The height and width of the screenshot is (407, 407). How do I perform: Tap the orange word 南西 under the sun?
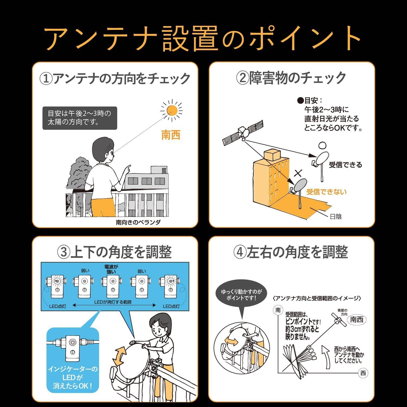tap(171, 135)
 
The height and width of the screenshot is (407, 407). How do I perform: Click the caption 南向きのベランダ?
tap(138, 222)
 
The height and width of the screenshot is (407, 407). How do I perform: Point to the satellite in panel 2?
tap(243, 133)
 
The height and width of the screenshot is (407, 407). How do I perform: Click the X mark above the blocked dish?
tap(298, 173)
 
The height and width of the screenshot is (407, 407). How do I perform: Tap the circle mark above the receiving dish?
tap(322, 145)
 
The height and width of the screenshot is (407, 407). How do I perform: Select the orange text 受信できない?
tap(326, 192)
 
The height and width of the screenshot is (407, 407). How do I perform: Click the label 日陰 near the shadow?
tap(336, 217)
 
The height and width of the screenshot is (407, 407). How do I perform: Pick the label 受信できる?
tap(345, 165)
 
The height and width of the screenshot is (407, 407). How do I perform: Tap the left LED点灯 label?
tap(58, 306)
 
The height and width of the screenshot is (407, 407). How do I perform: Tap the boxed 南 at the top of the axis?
tap(278, 310)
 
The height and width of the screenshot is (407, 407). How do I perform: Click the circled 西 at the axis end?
tap(363, 373)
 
